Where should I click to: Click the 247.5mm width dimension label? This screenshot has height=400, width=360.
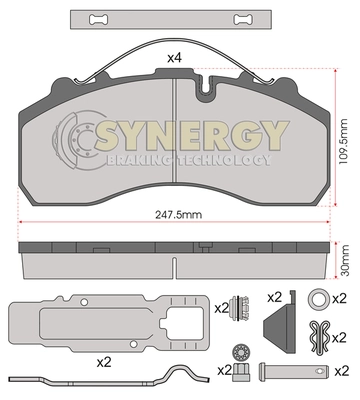pyautogui.click(x=178, y=214)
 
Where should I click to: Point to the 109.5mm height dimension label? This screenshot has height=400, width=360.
pyautogui.click(x=343, y=141)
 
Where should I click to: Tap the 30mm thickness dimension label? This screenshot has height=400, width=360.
pyautogui.click(x=345, y=260)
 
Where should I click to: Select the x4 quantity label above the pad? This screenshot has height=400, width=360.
pyautogui.click(x=174, y=58)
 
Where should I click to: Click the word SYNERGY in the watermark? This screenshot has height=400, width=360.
pyautogui.click(x=191, y=136)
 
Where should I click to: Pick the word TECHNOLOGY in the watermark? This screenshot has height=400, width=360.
pyautogui.click(x=224, y=160)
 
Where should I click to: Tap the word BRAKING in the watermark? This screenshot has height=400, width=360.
pyautogui.click(x=140, y=160)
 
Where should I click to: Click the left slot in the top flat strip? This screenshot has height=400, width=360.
pyautogui.click(x=99, y=19)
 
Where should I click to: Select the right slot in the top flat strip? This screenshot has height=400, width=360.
pyautogui.click(x=243, y=19)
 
